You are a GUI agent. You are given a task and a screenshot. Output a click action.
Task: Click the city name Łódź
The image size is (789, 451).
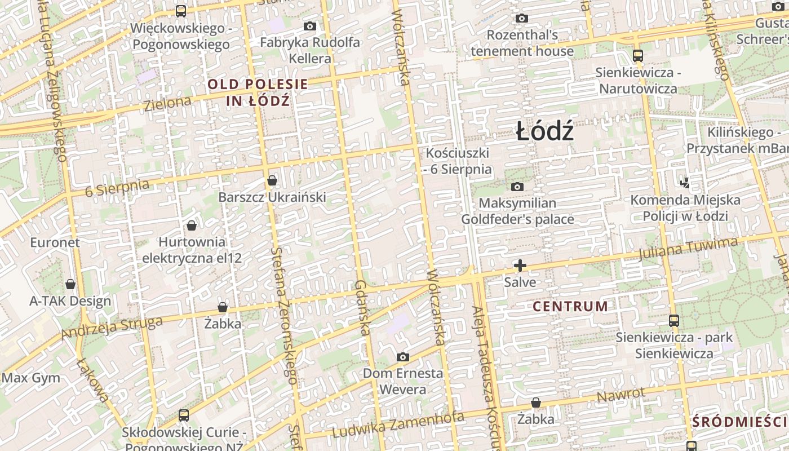coord(545,132)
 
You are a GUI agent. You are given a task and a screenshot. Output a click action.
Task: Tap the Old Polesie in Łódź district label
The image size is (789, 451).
coord(258,93)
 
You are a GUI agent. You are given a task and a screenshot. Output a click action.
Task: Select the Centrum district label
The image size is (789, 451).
coord(570,307)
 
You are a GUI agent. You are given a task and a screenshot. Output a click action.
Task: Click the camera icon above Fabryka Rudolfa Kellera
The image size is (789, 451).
coord(309,26)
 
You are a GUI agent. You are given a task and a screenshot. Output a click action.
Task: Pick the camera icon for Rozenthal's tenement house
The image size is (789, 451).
coord(522,19)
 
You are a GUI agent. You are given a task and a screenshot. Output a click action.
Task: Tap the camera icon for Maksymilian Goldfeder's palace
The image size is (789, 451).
coord(517,187)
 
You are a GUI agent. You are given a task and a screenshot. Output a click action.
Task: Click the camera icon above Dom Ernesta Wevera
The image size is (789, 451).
coord(402,357)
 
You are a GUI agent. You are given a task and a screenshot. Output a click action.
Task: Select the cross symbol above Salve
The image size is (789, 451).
coord(520,265)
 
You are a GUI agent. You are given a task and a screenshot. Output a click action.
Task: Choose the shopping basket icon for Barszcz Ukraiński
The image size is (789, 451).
coord(272,180)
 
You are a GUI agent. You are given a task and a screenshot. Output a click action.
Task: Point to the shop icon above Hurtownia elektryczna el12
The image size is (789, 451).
coord(192,225)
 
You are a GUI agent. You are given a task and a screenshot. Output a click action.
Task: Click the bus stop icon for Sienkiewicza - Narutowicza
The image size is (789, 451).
coord(638,55)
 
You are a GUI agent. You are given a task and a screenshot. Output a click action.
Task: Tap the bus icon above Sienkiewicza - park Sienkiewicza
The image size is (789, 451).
coord(673,321)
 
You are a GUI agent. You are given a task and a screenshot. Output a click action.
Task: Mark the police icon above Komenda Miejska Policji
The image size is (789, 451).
coord(685,183)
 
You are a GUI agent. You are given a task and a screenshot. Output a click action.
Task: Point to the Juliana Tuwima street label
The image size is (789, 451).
coord(688,249)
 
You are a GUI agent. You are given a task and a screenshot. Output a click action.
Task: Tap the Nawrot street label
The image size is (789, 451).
coord(620,395)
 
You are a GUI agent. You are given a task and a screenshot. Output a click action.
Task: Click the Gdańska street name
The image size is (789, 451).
coord(362,308)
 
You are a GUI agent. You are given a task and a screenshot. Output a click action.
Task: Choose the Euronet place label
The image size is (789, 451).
coord(55,242)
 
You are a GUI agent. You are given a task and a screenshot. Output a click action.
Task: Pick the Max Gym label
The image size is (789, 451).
coord(31,378)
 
